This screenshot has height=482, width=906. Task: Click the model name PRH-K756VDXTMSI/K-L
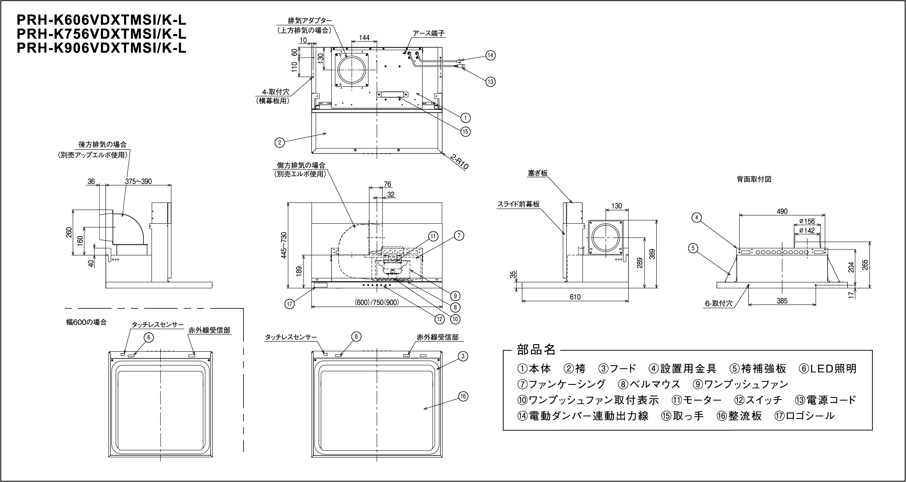[101, 34]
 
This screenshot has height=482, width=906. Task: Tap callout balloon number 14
[490, 55]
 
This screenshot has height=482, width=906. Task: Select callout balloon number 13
[490, 82]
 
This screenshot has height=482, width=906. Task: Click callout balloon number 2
[279, 142]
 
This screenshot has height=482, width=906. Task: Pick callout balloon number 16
[463, 396]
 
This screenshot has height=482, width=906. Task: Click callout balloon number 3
[462, 356]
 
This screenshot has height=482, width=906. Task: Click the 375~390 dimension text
[138, 182]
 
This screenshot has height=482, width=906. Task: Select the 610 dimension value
[575, 297]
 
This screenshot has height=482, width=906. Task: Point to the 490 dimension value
[782, 211]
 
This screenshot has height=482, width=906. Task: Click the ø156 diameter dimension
[806, 221]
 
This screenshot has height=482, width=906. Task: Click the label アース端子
[428, 33]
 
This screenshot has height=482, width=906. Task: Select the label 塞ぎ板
[538, 173]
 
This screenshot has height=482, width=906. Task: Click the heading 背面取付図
[754, 179]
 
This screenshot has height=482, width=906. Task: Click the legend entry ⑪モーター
[696, 400]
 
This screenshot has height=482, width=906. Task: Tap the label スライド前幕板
[518, 204]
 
